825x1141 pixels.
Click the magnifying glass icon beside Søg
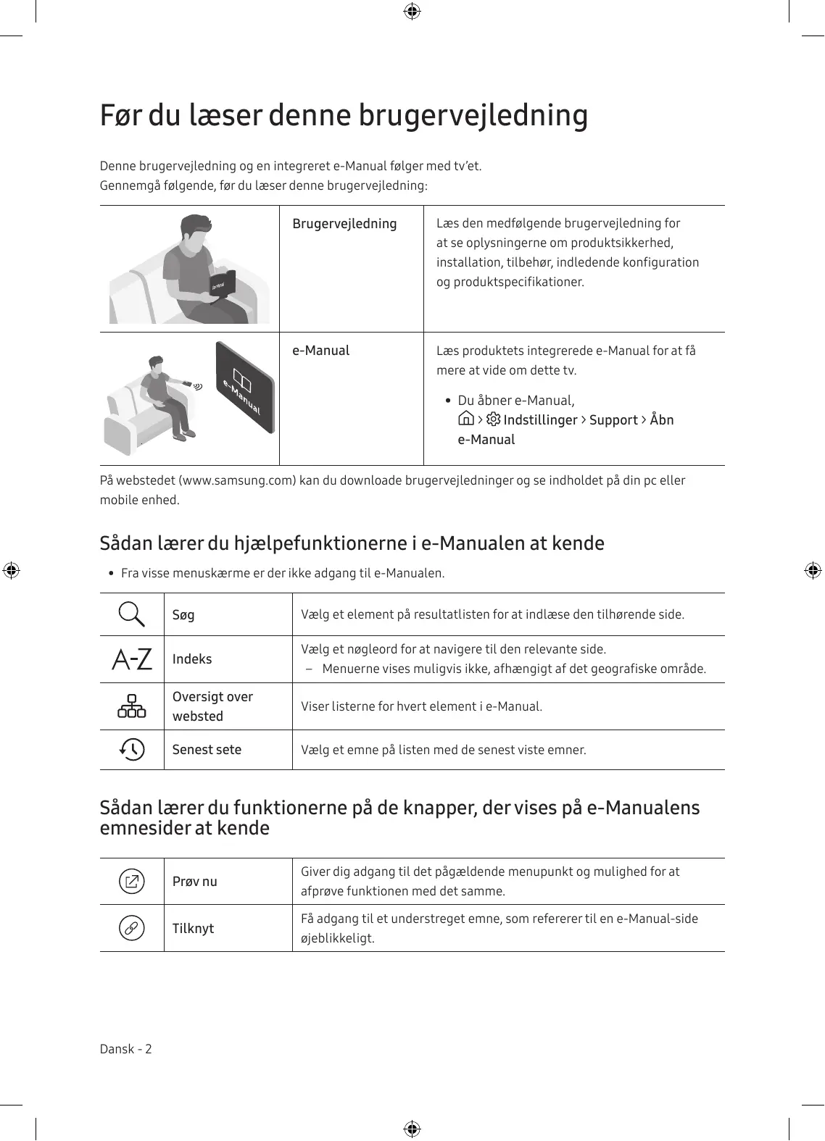[x=132, y=614]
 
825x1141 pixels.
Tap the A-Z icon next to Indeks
[x=132, y=659]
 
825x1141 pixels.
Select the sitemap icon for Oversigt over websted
[x=132, y=706]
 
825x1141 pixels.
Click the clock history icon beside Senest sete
[x=132, y=749]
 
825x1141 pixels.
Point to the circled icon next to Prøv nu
[x=132, y=882]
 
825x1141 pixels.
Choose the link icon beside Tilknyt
[x=132, y=928]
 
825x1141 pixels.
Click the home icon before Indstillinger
[x=467, y=419]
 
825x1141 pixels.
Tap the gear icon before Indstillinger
[x=494, y=419]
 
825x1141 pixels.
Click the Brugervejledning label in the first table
[x=344, y=224]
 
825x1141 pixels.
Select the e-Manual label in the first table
[x=320, y=351]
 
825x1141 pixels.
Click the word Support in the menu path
[x=613, y=420]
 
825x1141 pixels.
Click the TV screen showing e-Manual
[x=244, y=388]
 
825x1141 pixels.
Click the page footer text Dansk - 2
[x=126, y=1049]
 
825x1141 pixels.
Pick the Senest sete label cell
[x=207, y=750]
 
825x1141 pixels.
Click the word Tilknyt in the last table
[x=193, y=929]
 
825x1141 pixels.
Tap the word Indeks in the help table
[x=192, y=659]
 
